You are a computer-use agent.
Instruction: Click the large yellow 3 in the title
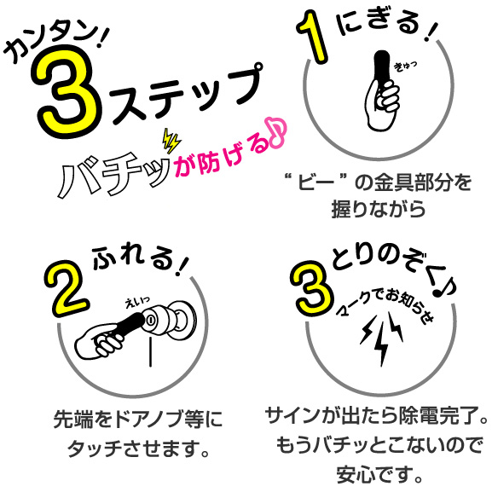click(67, 91)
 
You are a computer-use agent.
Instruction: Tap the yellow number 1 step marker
click(313, 37)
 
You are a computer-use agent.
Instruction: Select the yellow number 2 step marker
click(67, 287)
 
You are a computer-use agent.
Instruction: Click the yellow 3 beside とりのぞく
click(311, 288)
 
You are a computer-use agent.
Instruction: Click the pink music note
click(276, 133)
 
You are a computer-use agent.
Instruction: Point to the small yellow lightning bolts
click(171, 142)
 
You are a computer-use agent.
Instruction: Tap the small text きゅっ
click(405, 67)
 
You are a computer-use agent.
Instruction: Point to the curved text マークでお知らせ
click(385, 305)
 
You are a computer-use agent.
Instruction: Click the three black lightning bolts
click(381, 339)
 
